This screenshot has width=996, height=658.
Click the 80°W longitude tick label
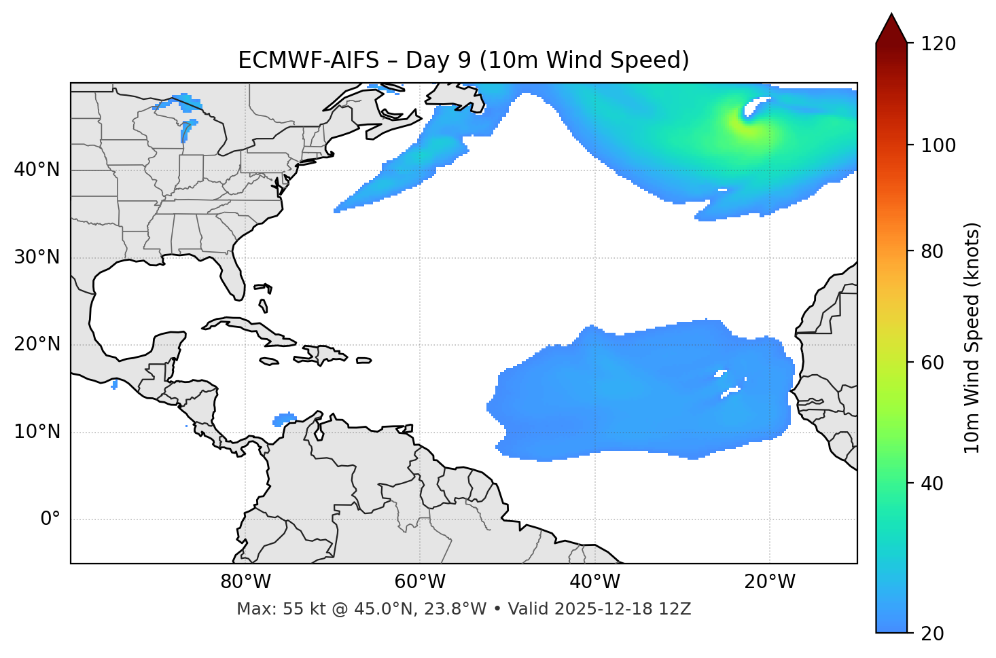coord(245,582)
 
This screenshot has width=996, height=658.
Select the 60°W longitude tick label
coord(419,582)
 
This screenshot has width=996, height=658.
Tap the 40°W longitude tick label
coord(594,582)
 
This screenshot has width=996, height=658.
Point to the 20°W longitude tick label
coord(770,582)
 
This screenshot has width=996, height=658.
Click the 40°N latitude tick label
coord(37,170)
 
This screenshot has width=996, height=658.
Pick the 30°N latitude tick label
coord(37,257)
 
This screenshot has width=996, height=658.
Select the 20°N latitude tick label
coord(37,344)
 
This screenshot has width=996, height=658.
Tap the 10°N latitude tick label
coord(37,432)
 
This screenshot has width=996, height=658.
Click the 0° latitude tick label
coord(50,519)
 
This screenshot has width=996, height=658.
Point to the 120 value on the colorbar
coord(938,44)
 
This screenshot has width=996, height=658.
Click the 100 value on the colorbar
coord(938,145)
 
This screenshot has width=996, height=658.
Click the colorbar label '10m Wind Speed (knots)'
coord(972,337)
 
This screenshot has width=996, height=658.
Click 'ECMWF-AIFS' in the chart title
coord(308,60)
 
